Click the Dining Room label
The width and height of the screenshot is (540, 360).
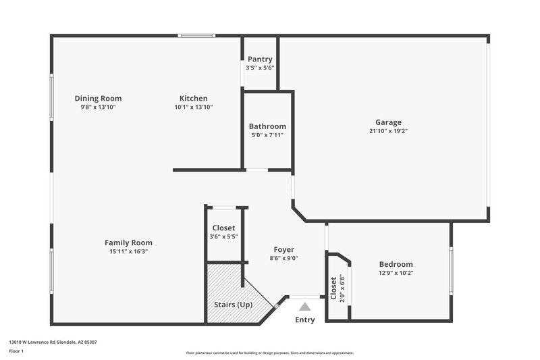point(98,99)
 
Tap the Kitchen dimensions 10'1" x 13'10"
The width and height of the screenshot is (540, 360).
point(194,107)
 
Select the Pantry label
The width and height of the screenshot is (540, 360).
point(260,59)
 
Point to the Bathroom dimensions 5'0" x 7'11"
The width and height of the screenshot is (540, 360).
point(267,135)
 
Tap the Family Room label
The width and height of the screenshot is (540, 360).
point(128,242)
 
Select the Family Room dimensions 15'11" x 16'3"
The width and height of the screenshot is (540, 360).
point(128,251)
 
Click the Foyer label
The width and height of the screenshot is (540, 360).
point(283,249)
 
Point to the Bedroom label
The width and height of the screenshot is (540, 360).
point(396,264)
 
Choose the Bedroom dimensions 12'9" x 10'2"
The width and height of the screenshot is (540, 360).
point(396,273)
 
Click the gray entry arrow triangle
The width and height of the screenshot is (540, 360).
point(305,307)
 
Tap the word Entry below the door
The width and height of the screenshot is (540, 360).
point(305,319)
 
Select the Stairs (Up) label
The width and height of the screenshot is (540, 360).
point(234,305)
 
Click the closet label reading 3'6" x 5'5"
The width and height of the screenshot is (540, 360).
point(223,236)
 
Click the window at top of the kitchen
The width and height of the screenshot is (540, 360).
point(196,36)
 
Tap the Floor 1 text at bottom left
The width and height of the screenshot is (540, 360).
point(16,352)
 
